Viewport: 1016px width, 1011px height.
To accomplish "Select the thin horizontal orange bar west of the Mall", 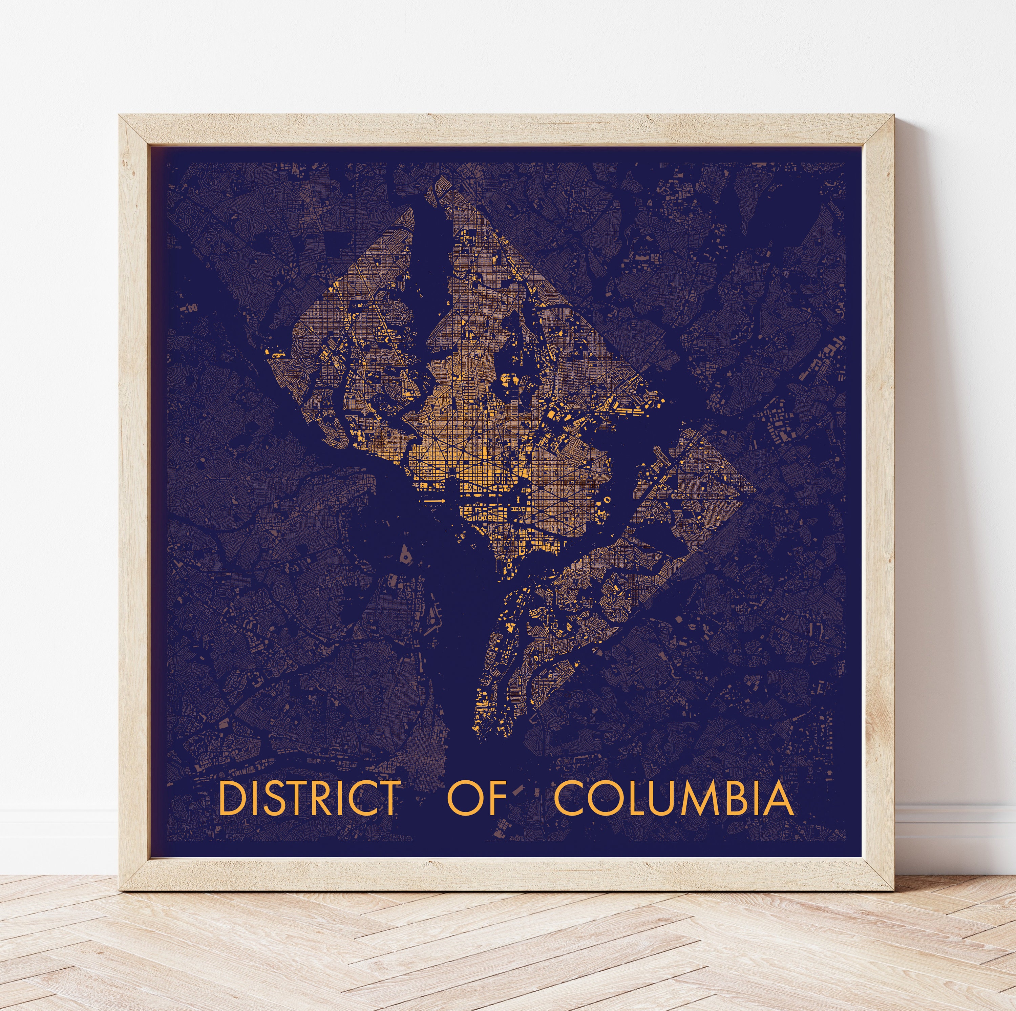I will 435,501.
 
